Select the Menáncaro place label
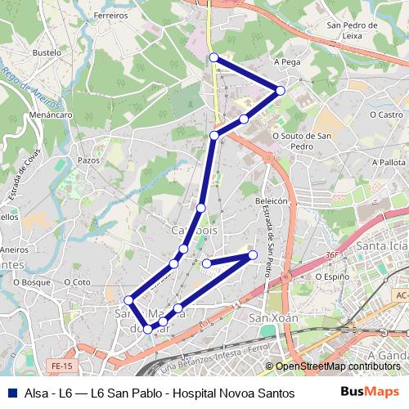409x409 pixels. (x=49, y=115)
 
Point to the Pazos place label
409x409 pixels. (x=88, y=160)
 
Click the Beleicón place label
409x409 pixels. (x=273, y=200)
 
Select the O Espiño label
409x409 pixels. (x=333, y=277)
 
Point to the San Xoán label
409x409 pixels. (x=270, y=317)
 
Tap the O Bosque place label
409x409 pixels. (x=32, y=282)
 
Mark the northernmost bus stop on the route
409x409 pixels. (x=213, y=57)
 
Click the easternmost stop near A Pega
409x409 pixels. (x=281, y=90)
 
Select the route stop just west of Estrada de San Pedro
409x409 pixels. (x=253, y=255)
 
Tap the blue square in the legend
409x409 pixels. (x=11, y=393)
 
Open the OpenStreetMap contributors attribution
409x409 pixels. (x=336, y=366)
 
